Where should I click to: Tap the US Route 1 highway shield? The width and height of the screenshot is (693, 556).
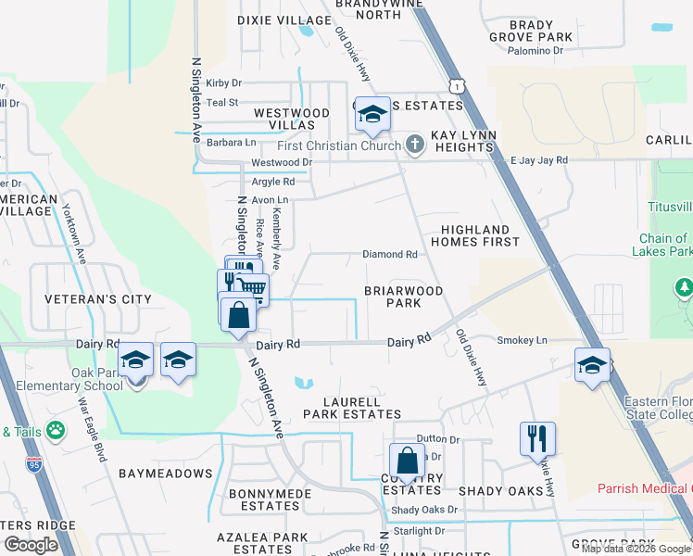tap(453, 85)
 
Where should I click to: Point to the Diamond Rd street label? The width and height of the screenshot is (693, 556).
tap(390, 254)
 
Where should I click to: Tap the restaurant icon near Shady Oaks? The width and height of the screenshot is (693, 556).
tap(537, 438)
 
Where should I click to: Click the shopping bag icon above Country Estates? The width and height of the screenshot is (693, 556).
tap(407, 459)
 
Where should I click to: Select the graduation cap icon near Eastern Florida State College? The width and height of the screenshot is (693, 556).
tap(592, 364)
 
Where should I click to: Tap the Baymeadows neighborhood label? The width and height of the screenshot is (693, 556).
tap(166, 474)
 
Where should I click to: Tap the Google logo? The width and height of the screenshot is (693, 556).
tap(31, 545)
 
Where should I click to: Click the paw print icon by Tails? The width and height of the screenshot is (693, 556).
tap(56, 430)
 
